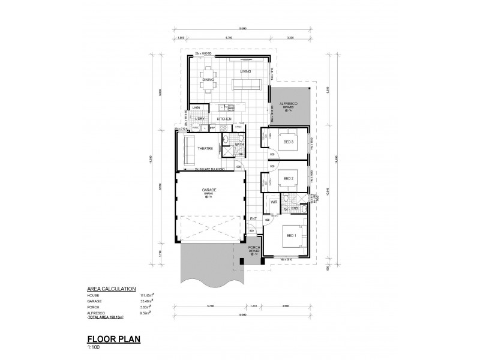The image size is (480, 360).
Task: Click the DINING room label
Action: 208,80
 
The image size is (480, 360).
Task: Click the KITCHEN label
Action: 224,119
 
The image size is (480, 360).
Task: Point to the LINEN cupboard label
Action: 196,107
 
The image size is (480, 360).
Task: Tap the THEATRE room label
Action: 206,148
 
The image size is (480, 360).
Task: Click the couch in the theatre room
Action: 189,151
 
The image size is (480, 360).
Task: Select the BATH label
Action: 239,145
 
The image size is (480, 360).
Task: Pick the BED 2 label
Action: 288,178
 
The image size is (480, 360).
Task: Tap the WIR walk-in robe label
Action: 273,203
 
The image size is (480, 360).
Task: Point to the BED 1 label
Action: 290,235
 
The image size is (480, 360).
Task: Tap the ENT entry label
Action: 253,218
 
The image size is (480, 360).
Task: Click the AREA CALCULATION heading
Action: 112,289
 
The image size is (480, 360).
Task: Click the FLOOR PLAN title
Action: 114,338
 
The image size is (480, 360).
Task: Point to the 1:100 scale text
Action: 94,346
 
